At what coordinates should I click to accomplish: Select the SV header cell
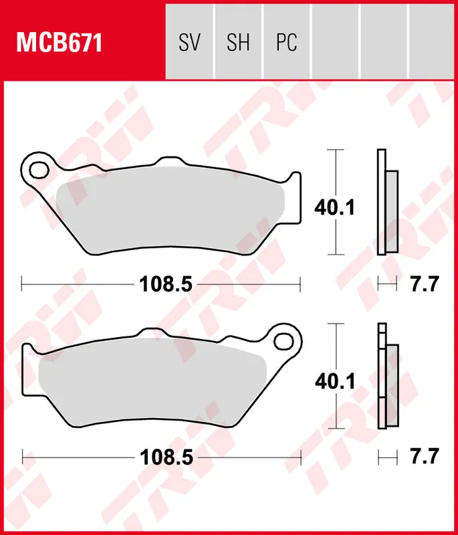pyautogui.click(x=190, y=43)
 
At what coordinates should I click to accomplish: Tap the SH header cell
pyautogui.click(x=238, y=43)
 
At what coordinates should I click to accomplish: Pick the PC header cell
pyautogui.click(x=286, y=43)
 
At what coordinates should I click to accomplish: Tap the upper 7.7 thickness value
pyautogui.click(x=423, y=284)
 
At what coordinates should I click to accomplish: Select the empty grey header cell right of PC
pyautogui.click(x=335, y=43)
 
